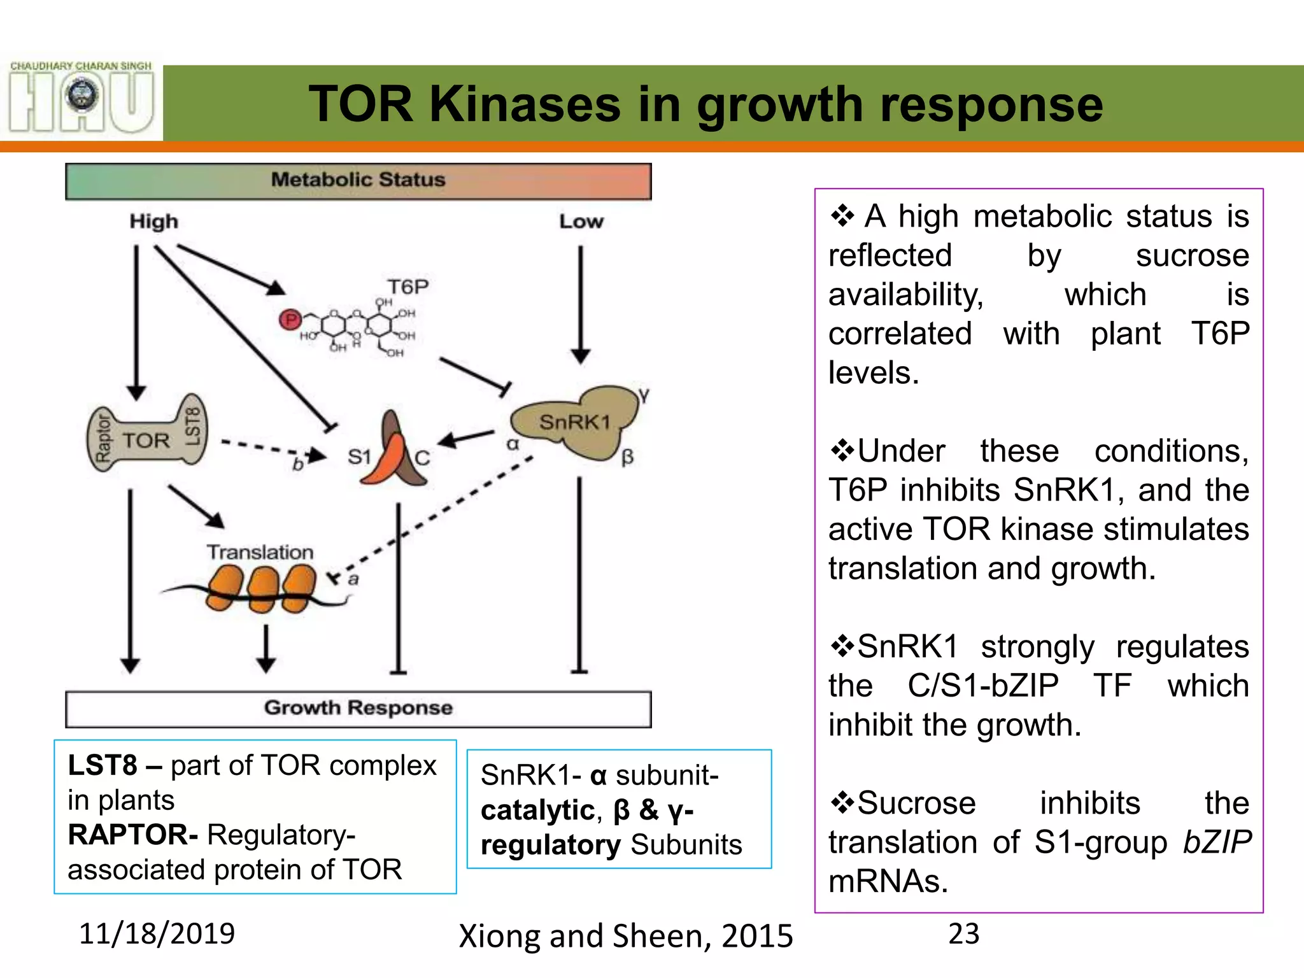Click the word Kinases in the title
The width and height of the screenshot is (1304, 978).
[x=525, y=104]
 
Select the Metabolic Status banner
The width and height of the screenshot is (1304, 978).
[x=358, y=181]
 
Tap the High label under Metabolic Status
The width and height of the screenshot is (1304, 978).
[x=153, y=222]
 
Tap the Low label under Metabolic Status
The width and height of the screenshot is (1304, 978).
[x=581, y=222]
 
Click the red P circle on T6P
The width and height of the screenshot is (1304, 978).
[x=290, y=320]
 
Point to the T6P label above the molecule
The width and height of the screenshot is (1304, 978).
[x=407, y=287]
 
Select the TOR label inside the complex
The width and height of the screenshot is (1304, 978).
[x=146, y=441]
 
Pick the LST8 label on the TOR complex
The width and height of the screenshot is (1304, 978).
[x=192, y=427]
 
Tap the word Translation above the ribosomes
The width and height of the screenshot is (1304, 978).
[x=260, y=552]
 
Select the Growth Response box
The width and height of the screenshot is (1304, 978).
[x=358, y=708]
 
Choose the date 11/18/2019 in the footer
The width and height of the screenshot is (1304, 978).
[x=157, y=933]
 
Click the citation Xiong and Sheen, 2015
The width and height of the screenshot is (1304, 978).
[x=625, y=936]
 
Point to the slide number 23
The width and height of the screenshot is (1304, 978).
[x=963, y=934]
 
